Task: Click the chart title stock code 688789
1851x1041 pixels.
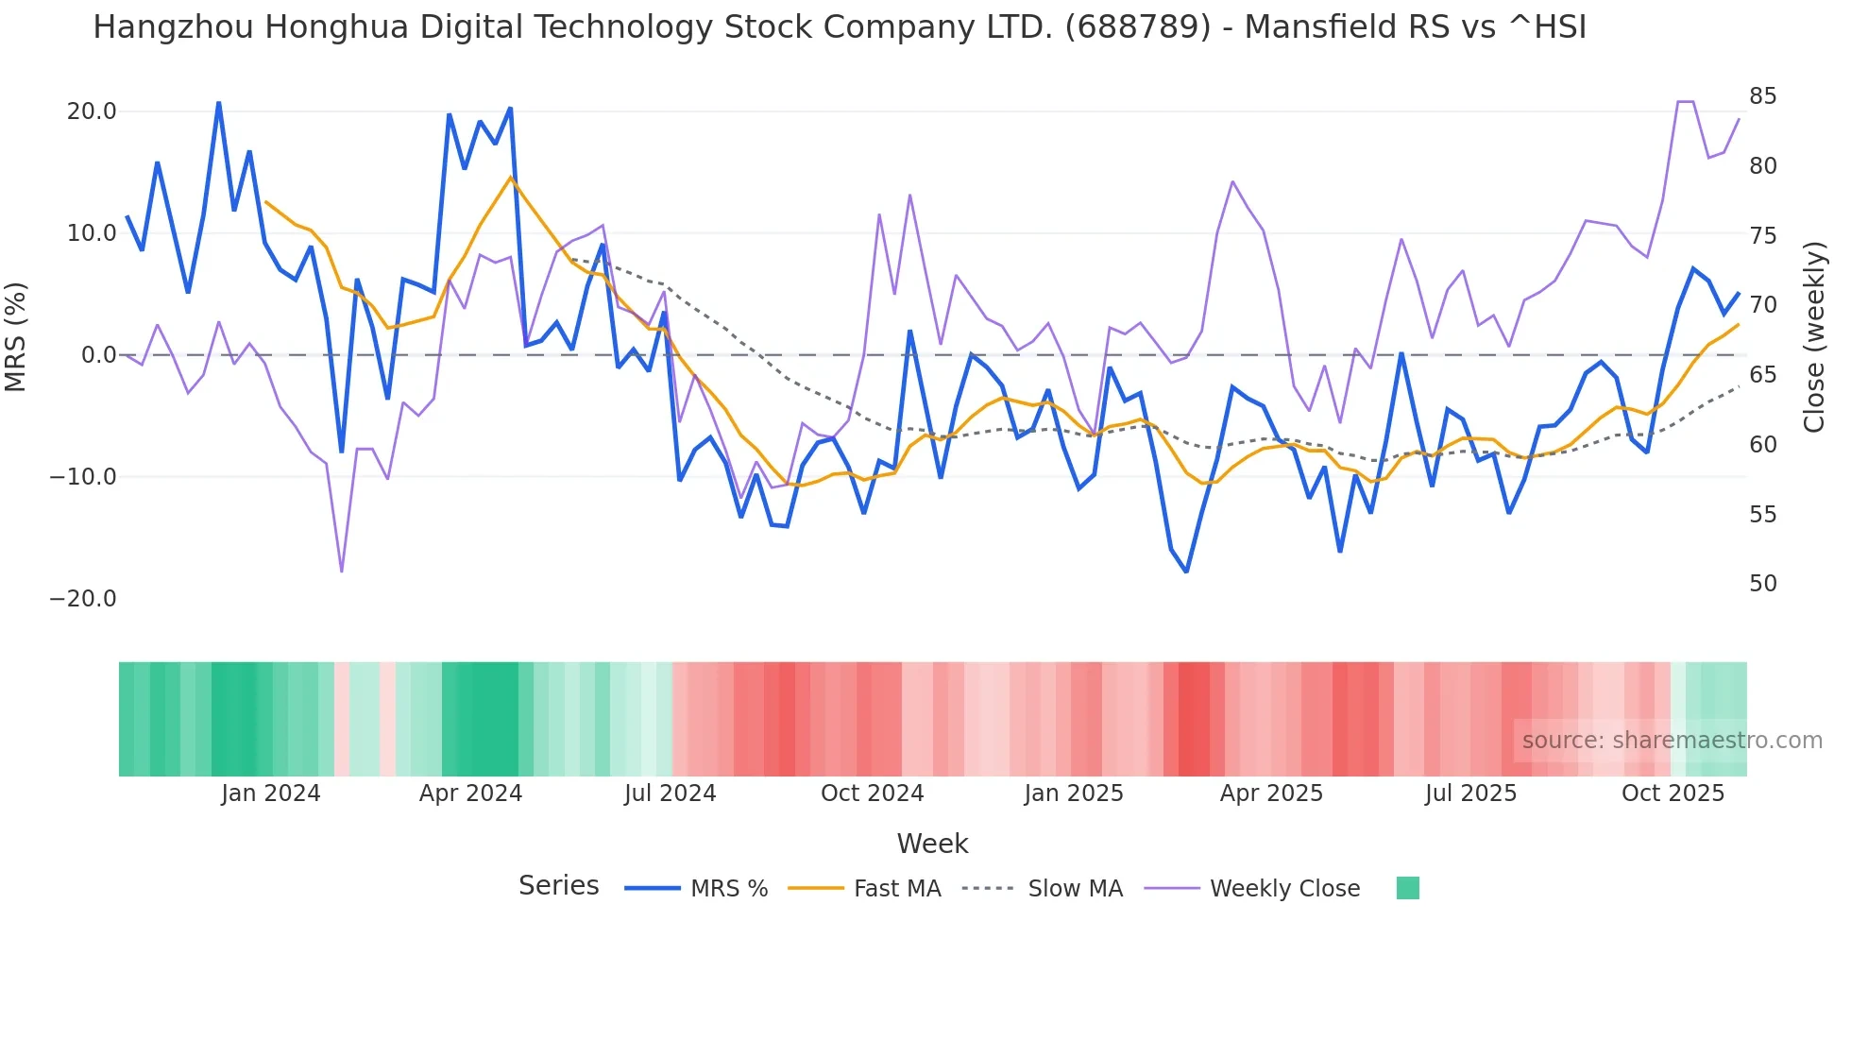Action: click(1137, 27)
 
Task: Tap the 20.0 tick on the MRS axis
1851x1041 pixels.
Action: click(92, 111)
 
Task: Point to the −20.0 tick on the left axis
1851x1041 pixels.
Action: click(83, 599)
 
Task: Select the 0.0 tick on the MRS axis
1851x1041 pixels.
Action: click(98, 355)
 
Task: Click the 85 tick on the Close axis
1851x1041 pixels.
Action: click(1762, 96)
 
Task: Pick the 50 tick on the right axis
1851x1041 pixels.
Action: click(1762, 584)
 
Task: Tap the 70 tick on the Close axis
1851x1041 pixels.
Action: click(1762, 305)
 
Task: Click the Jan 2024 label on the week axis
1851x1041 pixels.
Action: click(271, 794)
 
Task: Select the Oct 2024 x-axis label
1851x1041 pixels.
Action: click(872, 794)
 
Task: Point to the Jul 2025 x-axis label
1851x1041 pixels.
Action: click(1470, 794)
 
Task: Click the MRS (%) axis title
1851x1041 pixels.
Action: click(16, 336)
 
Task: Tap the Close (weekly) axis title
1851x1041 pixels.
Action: click(1813, 336)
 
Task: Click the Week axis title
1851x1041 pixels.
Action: click(932, 844)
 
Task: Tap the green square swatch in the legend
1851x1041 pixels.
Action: click(1407, 888)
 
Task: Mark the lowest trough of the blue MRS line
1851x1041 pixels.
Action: click(1186, 572)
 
